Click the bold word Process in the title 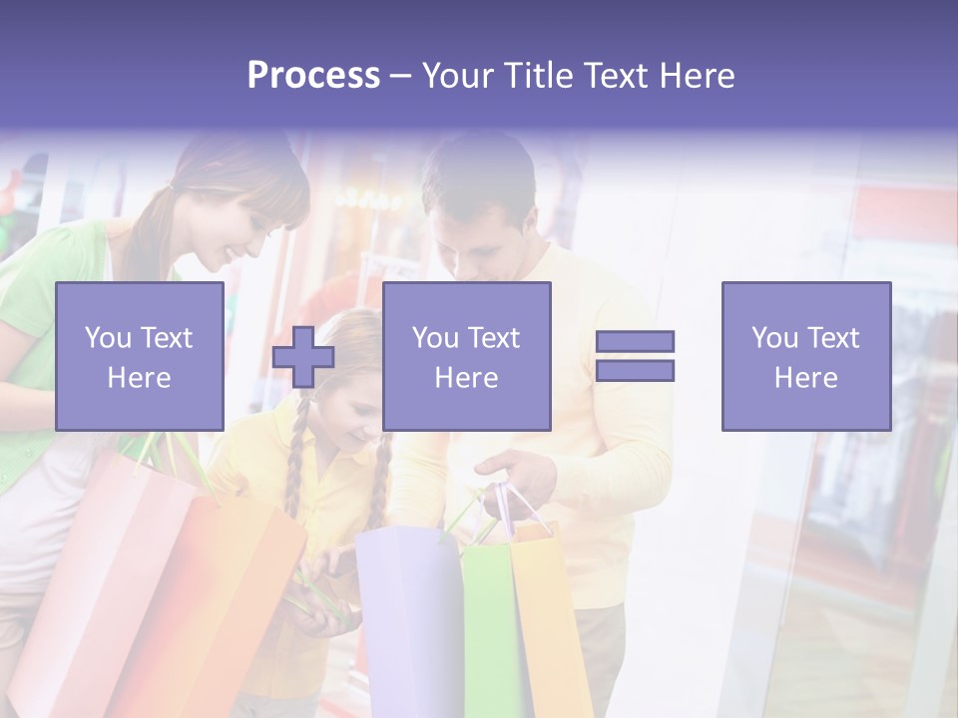pos(313,76)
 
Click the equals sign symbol pos(635,356)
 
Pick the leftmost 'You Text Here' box pos(139,356)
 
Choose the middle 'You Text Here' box pos(466,356)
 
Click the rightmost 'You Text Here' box pos(805,356)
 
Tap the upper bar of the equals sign pos(635,341)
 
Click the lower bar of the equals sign pos(635,371)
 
